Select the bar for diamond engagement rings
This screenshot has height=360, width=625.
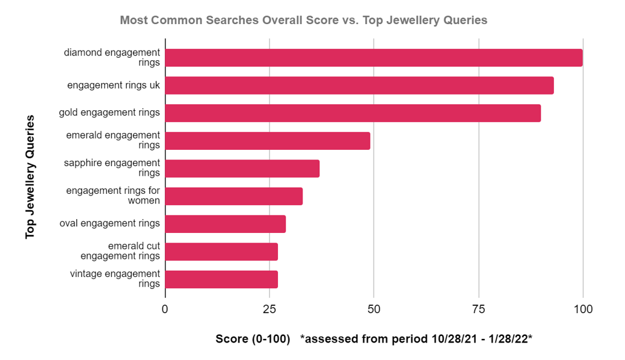[374, 58]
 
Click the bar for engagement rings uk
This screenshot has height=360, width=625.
[359, 85]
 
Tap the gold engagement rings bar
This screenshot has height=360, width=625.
[353, 113]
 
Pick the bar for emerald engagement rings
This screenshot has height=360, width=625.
[267, 141]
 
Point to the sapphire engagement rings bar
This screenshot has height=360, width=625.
[242, 169]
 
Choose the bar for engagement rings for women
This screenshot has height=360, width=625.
[233, 196]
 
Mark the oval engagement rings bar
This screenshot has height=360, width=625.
[225, 224]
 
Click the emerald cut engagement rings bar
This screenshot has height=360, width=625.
[221, 252]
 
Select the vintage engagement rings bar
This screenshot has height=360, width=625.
[221, 279]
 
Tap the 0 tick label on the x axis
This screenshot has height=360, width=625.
[165, 309]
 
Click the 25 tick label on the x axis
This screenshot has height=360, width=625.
[269, 309]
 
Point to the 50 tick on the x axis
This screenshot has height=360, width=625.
[374, 309]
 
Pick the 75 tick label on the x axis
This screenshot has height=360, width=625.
[479, 309]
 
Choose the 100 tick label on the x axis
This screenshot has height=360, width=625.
[582, 309]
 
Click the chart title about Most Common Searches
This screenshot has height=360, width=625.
[303, 20]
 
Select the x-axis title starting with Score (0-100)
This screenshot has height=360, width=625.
[374, 340]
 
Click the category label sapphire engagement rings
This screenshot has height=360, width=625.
[112, 168]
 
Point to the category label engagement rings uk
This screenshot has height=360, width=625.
[114, 85]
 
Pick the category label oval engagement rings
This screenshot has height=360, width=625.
[109, 223]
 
